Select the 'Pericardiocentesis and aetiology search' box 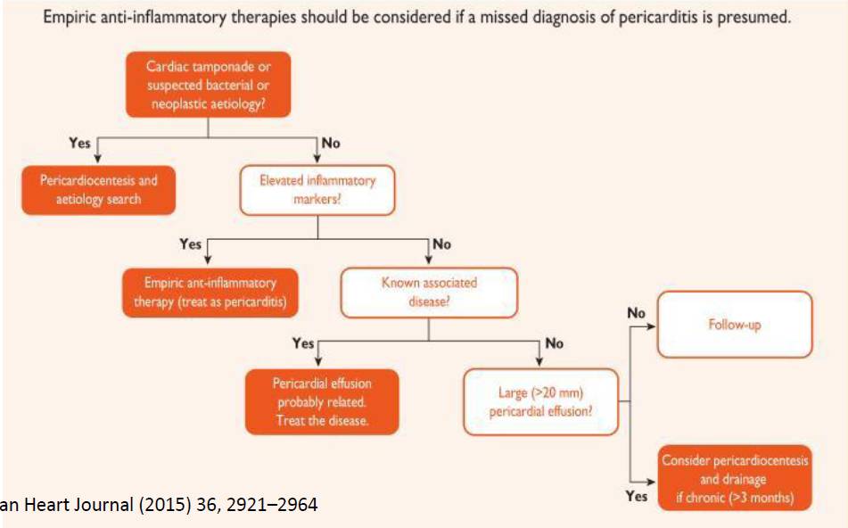(98, 188)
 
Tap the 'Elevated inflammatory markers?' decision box (317, 188)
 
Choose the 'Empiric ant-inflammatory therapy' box (210, 292)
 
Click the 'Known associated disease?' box (429, 292)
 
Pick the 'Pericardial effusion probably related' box (322, 400)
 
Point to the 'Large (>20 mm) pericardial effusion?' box (541, 400)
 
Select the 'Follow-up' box (734, 326)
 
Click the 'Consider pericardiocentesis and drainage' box (735, 477)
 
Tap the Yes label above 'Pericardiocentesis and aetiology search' (80, 142)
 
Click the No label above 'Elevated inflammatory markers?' (331, 142)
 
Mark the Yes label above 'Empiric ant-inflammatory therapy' (191, 243)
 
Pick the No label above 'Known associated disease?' (441, 243)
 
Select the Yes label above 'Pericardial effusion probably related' (303, 343)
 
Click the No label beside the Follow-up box (637, 313)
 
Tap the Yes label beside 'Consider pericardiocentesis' (637, 496)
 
